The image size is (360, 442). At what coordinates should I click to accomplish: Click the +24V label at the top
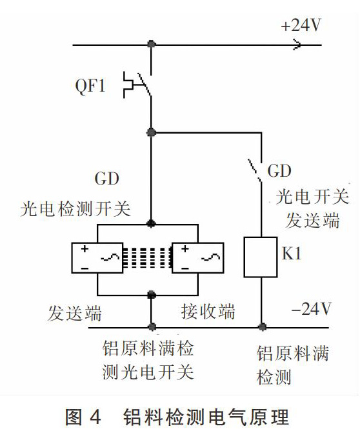pos(301,25)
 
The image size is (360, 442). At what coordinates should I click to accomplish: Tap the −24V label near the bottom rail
pos(311,309)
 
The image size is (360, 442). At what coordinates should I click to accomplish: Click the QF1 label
pos(90,86)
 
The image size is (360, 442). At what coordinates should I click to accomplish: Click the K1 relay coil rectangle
pos(261,257)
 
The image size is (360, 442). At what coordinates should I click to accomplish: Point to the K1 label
pos(292,253)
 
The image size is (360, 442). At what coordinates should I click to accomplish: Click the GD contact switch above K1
pos(255,170)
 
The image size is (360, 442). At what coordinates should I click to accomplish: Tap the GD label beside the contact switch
pos(279,171)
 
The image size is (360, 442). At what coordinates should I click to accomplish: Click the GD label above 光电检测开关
pos(106,179)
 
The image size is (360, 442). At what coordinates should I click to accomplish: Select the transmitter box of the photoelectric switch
pos(97,257)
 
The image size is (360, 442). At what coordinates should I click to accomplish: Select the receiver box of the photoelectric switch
pos(198,257)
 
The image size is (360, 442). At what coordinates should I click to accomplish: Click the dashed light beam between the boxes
pos(148,257)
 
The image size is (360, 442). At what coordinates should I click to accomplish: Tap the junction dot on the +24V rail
pos(152,45)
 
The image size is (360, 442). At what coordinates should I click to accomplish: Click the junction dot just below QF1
pos(152,132)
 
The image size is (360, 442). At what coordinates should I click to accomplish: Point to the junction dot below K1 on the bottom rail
pos(263,327)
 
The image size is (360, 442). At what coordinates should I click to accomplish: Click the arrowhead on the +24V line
pos(297,45)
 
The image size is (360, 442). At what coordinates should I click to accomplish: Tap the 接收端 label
pos(208,312)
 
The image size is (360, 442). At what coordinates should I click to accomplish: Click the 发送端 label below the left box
pos(75,313)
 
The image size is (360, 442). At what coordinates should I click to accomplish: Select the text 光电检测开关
pos(75,209)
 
